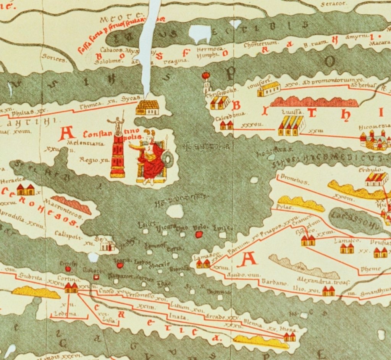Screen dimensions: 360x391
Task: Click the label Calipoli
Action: click(x=68, y=235)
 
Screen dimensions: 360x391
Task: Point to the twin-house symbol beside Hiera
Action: click(x=289, y=337)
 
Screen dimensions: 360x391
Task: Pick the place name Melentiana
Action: click(x=80, y=143)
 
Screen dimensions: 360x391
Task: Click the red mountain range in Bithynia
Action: click(x=314, y=102)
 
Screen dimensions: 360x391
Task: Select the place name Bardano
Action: click(x=274, y=283)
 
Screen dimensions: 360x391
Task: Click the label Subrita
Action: click(x=31, y=277)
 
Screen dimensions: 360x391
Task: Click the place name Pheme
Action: click(x=371, y=269)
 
